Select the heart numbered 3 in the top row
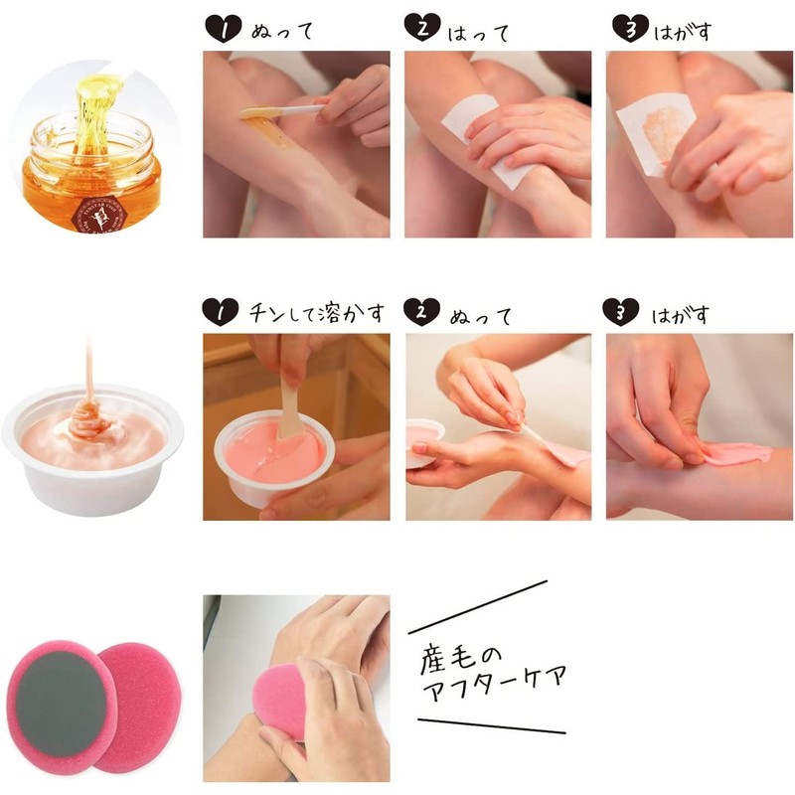(623, 30)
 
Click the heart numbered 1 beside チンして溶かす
(221, 313)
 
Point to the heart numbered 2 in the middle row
(422, 313)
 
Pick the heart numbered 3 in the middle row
(623, 313)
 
